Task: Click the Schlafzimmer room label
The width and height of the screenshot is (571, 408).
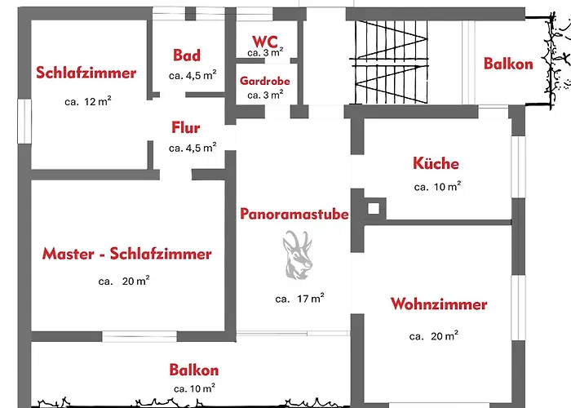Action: click(86, 73)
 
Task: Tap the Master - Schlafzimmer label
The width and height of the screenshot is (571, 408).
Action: click(126, 254)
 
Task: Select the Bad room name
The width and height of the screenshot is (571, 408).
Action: click(187, 55)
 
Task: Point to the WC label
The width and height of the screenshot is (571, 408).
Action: click(266, 41)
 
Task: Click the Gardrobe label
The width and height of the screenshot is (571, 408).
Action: click(264, 82)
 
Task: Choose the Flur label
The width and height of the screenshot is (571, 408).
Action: click(186, 128)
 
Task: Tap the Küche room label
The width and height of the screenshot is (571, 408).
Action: click(436, 163)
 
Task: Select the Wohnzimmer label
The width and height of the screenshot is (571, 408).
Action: click(438, 304)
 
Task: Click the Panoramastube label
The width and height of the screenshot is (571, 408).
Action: click(294, 214)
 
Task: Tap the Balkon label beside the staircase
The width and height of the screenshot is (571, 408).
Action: click(507, 64)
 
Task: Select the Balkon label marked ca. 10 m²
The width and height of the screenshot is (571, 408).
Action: click(194, 370)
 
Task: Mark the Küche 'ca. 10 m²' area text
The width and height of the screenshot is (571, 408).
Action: click(437, 187)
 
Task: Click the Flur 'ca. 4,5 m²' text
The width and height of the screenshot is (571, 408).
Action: click(193, 149)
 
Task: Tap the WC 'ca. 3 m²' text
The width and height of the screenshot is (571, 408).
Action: click(266, 52)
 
